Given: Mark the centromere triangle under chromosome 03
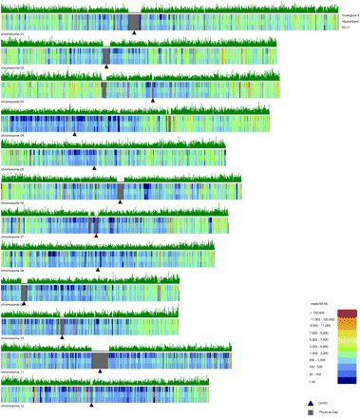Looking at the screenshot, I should (153, 99).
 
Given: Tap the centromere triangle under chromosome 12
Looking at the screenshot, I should (91, 403).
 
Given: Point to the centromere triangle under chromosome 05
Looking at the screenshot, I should (94, 167).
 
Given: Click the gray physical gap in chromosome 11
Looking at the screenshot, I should (100, 358).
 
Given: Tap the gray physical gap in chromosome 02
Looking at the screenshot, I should (106, 55).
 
